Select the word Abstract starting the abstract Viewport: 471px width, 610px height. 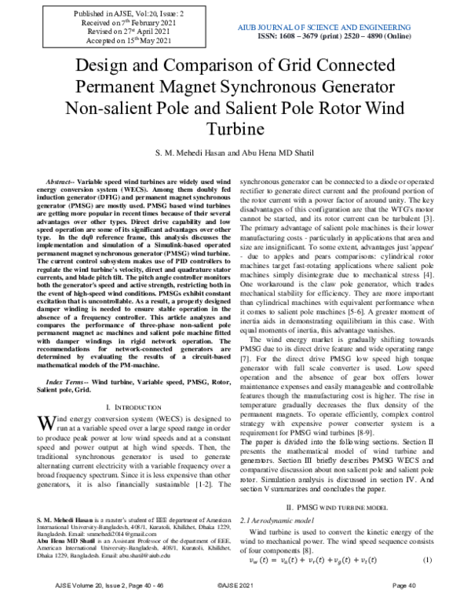point(61,180)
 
